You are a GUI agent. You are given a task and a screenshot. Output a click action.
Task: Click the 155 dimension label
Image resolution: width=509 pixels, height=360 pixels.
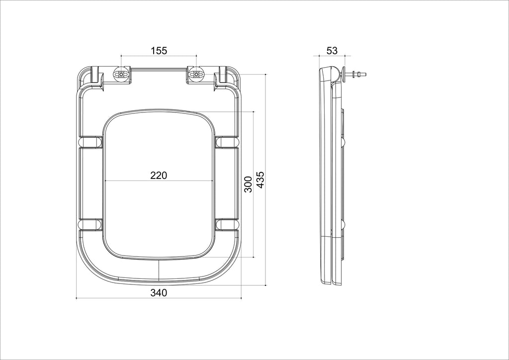(159, 51)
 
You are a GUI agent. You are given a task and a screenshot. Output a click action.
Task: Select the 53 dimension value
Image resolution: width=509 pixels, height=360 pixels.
(332, 51)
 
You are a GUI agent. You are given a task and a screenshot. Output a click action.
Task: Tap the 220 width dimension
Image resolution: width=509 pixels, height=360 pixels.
(159, 176)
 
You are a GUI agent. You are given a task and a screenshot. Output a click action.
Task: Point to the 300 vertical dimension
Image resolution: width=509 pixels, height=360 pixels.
(248, 184)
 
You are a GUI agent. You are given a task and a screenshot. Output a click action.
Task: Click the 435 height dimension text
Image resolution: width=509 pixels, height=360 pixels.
(260, 180)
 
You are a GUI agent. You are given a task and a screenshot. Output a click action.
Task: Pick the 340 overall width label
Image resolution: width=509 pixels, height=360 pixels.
(159, 293)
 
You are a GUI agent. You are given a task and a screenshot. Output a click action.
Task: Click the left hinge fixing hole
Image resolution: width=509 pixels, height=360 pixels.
(121, 75)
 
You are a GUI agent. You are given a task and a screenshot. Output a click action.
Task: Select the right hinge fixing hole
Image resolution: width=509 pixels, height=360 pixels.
(196, 75)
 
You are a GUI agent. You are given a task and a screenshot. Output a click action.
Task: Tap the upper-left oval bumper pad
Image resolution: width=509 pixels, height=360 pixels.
(90, 142)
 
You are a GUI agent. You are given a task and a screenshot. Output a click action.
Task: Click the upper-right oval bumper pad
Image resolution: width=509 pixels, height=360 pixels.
(227, 142)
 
